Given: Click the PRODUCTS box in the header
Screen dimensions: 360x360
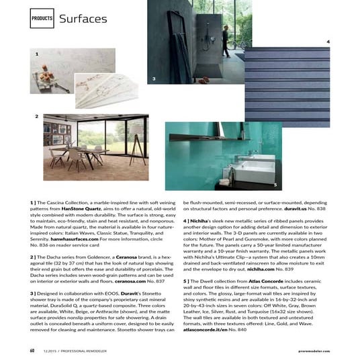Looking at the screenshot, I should click(x=41, y=18).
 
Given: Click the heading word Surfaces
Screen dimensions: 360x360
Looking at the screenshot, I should click(x=83, y=18).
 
